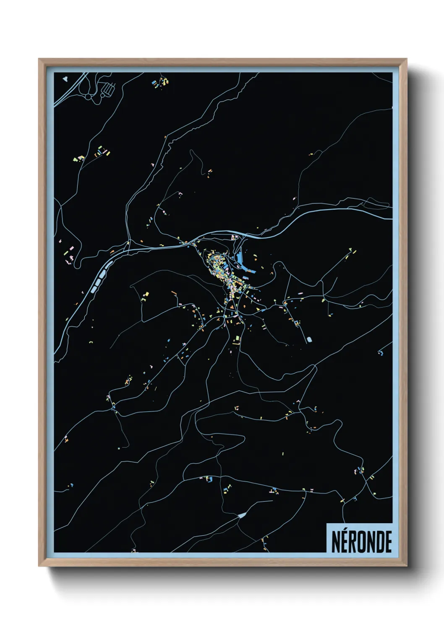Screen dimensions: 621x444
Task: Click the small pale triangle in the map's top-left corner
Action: pyautogui.click(x=65, y=78)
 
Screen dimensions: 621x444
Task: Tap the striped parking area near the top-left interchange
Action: pyautogui.click(x=108, y=89)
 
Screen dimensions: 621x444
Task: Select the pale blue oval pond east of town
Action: pyautogui.click(x=310, y=339)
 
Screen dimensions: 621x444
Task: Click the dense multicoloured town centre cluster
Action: pyautogui.click(x=220, y=269)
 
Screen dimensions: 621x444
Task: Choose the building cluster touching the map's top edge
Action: pyautogui.click(x=161, y=81)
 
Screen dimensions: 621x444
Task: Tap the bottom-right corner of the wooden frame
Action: pyautogui.click(x=406, y=566)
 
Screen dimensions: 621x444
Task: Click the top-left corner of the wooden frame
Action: pyautogui.click(x=39, y=59)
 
